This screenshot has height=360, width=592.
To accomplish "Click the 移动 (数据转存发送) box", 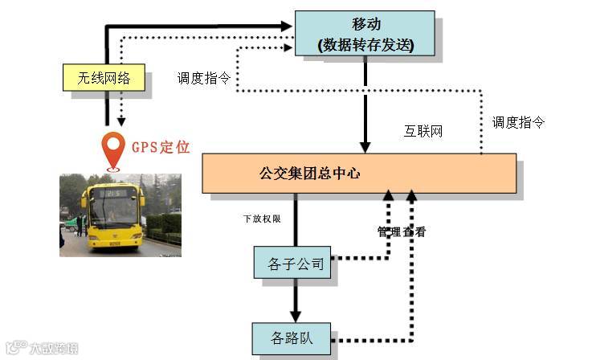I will click(x=365, y=34).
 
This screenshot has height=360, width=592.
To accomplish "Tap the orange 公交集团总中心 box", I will click(x=358, y=172).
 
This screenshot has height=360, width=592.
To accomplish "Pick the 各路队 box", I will click(x=292, y=338).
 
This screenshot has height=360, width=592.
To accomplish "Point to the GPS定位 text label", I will click(x=161, y=147).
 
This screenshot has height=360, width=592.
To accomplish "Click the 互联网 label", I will click(x=423, y=131).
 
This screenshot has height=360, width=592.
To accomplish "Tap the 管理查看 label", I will click(x=402, y=232).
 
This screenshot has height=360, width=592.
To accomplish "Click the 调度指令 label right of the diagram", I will click(x=518, y=122).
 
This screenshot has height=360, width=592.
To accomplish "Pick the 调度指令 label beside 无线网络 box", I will click(x=204, y=79).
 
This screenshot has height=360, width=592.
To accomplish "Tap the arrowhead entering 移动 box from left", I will click(x=288, y=27).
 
